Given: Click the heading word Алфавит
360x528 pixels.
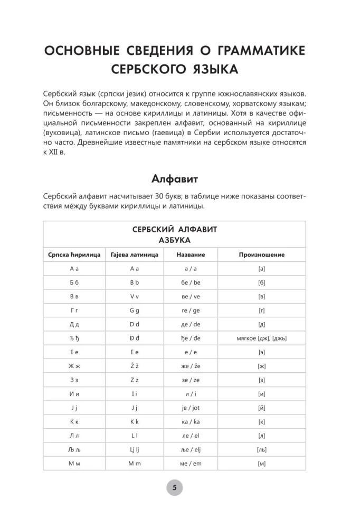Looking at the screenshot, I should pyautogui.click(x=175, y=178).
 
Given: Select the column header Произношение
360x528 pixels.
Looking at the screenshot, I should pyautogui.click(x=261, y=254).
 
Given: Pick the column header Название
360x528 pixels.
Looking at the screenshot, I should pyautogui.click(x=191, y=254).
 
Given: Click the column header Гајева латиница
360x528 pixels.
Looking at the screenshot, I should pyautogui.click(x=135, y=254).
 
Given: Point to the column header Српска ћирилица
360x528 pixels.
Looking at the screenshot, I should pyautogui.click(x=74, y=254).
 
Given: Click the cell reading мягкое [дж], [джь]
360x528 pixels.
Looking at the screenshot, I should pyautogui.click(x=261, y=338).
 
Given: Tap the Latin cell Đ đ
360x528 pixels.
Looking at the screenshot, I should pyautogui.click(x=135, y=338).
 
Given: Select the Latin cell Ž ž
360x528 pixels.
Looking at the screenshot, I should pyautogui.click(x=135, y=365).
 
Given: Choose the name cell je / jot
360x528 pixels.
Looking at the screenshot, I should pyautogui.click(x=191, y=407).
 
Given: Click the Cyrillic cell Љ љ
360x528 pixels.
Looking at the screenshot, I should pyautogui.click(x=74, y=449).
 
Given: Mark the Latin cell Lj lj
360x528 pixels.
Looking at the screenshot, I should pyautogui.click(x=135, y=449).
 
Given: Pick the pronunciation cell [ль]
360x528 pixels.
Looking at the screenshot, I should pyautogui.click(x=261, y=449).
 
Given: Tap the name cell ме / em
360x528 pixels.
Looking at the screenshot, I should pyautogui.click(x=191, y=463).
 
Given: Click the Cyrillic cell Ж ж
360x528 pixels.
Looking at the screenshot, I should pyautogui.click(x=74, y=365).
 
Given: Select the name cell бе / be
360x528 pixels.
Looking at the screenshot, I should pyautogui.click(x=191, y=282).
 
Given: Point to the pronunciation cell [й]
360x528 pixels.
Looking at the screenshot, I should pyautogui.click(x=261, y=407).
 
